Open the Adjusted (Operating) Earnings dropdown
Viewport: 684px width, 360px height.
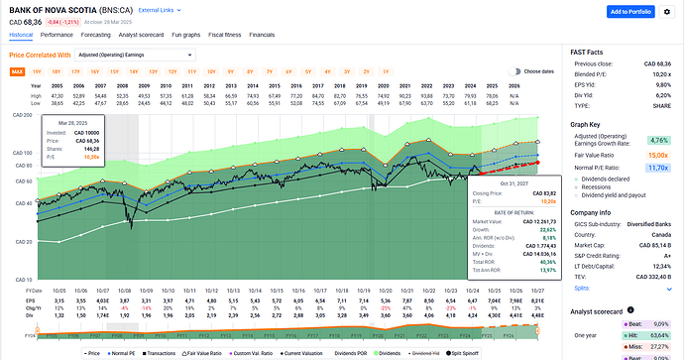(x=118, y=56)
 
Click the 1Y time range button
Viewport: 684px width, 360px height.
(x=385, y=71)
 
